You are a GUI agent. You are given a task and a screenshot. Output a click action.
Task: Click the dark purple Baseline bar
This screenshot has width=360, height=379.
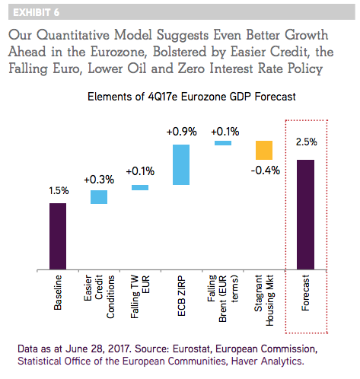pyautogui.click(x=58, y=236)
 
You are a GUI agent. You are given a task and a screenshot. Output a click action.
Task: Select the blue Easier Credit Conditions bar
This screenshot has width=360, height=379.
pyautogui.click(x=99, y=197)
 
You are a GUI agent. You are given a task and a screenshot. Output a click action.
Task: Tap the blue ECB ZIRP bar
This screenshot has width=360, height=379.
pyautogui.click(x=181, y=164)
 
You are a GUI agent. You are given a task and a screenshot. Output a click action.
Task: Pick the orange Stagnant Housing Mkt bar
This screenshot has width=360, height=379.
pyautogui.click(x=264, y=150)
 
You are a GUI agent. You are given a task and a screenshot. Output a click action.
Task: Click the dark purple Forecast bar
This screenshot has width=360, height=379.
pyautogui.click(x=305, y=215)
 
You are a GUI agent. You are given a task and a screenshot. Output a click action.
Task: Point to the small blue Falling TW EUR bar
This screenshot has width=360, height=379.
pyautogui.click(x=140, y=187)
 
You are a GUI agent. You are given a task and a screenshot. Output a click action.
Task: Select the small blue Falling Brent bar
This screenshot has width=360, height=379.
pyautogui.click(x=223, y=143)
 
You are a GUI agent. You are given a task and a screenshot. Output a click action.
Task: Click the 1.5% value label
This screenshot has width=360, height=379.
pyautogui.click(x=59, y=191)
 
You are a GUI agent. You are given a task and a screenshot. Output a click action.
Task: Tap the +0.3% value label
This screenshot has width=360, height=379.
pyautogui.click(x=99, y=180)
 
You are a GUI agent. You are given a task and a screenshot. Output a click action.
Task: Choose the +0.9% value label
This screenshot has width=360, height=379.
pyautogui.click(x=182, y=132)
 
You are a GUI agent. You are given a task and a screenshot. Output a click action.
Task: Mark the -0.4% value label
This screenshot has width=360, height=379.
pyautogui.click(x=266, y=170)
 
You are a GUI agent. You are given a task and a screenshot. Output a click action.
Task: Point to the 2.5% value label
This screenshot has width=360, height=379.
pyautogui.click(x=307, y=142)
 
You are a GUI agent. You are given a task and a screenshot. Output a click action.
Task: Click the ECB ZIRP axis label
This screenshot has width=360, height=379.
pyautogui.click(x=182, y=296)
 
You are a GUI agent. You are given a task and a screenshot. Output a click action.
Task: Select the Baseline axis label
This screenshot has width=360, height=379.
pyautogui.click(x=58, y=292)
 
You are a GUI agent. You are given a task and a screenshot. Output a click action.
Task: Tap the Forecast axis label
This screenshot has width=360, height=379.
pyautogui.click(x=305, y=293)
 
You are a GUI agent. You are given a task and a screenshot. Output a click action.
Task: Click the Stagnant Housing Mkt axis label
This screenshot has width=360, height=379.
pyautogui.click(x=264, y=301)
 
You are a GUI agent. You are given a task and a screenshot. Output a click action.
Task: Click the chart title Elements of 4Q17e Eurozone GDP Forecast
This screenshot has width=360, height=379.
pyautogui.click(x=192, y=97)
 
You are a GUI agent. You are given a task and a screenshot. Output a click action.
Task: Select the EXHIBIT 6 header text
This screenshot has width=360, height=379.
pyautogui.click(x=37, y=12)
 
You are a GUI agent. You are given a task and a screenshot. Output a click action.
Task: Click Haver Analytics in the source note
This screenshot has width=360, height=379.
pyautogui.click(x=267, y=361)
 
